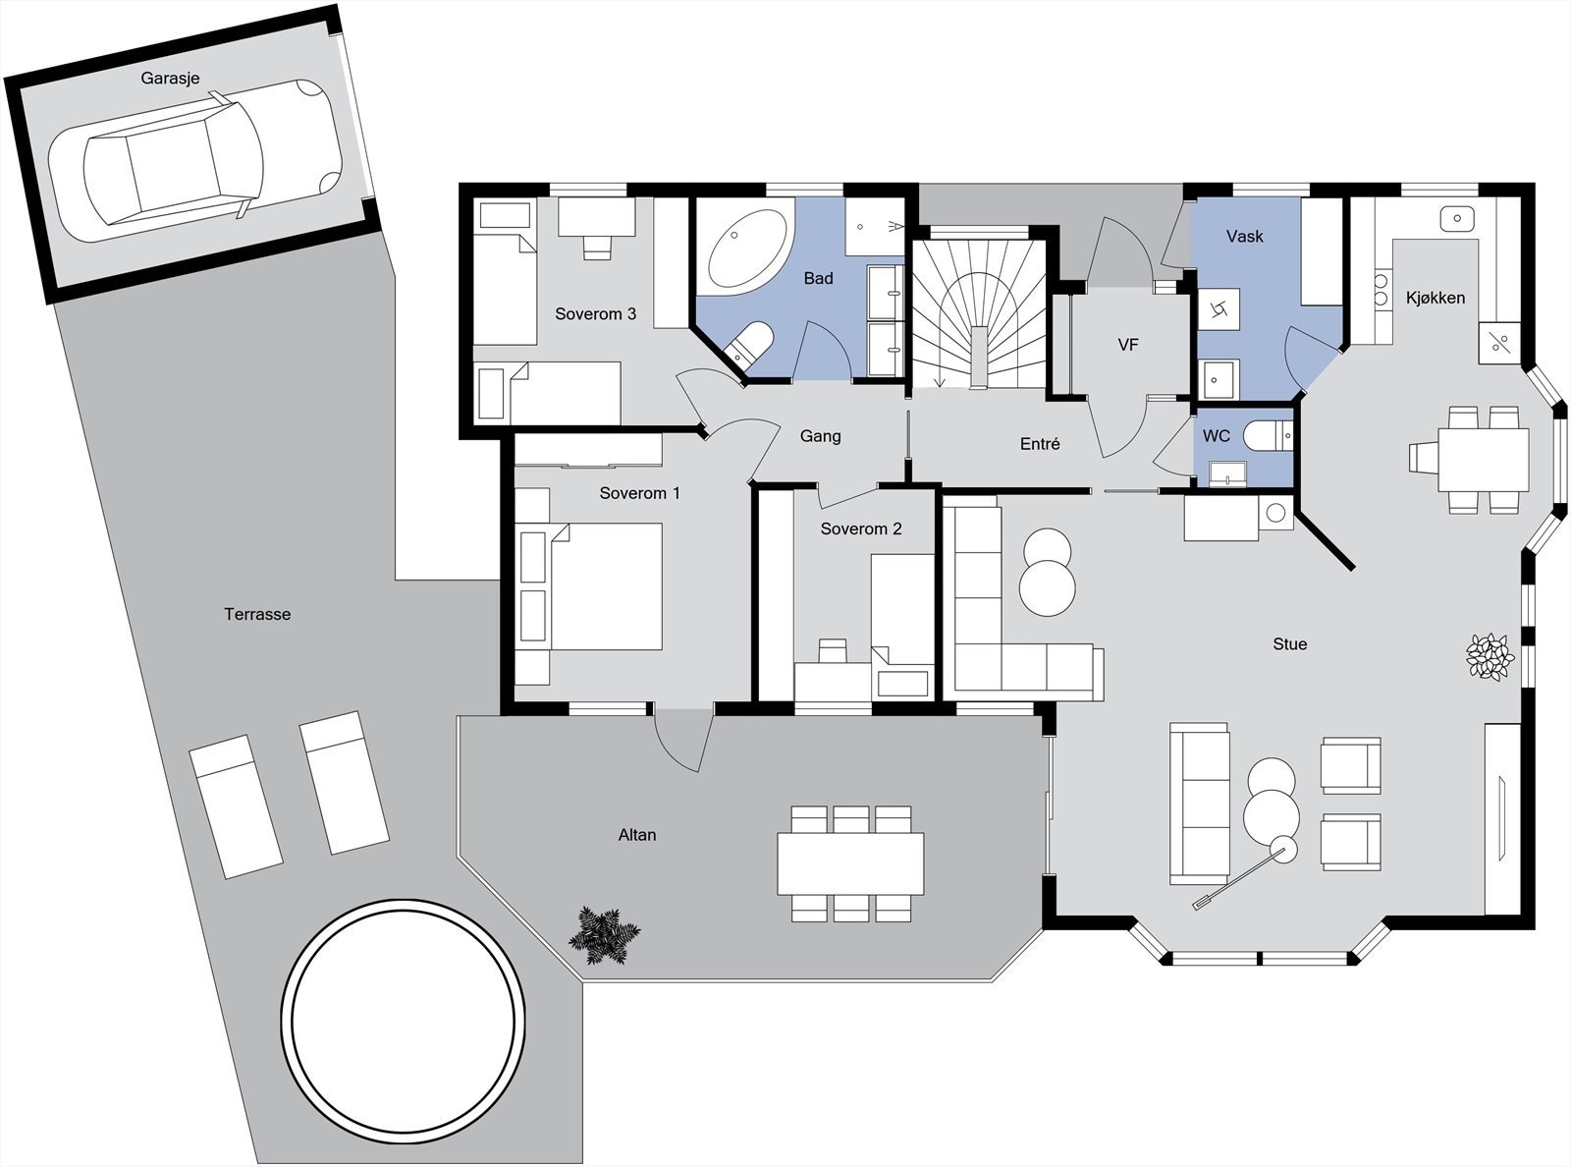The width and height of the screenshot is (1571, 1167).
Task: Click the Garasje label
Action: click(x=170, y=78)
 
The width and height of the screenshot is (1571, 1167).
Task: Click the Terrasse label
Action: click(x=257, y=614)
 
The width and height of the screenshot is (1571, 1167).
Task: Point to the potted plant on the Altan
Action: click(x=603, y=935)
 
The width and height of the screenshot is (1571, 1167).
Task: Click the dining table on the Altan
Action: click(x=850, y=863)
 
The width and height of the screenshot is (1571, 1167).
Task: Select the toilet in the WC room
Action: click(x=1268, y=434)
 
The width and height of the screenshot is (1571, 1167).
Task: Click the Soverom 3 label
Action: click(x=595, y=314)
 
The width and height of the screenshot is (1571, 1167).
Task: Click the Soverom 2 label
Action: click(x=861, y=528)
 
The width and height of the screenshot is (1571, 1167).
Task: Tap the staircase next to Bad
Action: click(x=978, y=314)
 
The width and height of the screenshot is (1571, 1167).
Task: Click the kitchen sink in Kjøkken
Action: click(x=1458, y=218)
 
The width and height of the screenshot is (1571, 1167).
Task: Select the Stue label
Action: click(x=1289, y=644)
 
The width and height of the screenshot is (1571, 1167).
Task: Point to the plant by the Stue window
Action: click(x=1490, y=657)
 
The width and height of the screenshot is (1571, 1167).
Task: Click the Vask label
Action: click(x=1244, y=237)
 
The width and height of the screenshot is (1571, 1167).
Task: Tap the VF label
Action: click(x=1128, y=345)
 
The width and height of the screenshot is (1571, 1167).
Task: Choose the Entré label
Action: click(x=1040, y=444)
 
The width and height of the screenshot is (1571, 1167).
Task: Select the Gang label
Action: click(x=820, y=436)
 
